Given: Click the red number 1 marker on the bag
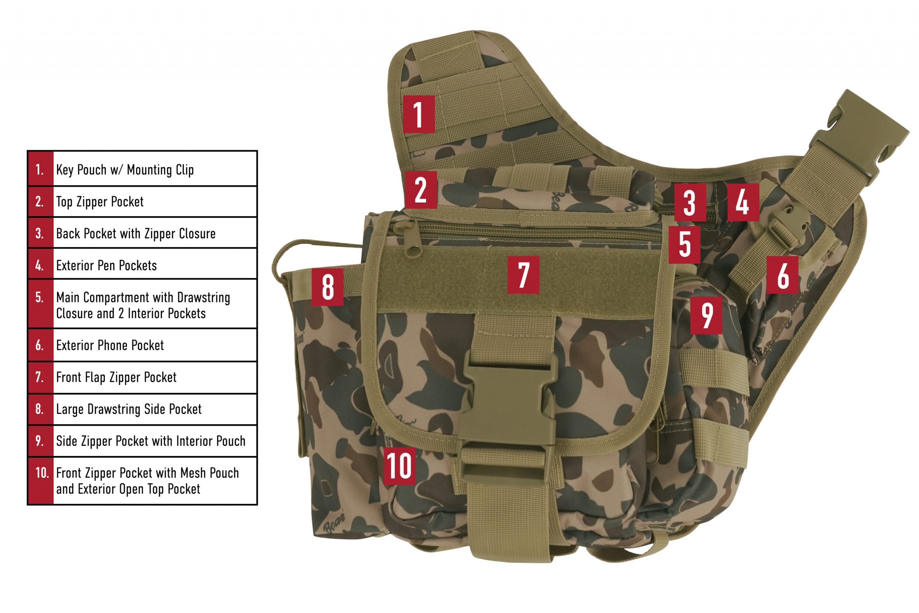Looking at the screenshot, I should [x=419, y=114].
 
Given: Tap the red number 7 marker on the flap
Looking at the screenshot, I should [x=523, y=275].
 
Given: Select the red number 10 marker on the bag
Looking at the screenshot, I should [x=399, y=466].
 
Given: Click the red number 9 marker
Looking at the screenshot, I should [x=706, y=315].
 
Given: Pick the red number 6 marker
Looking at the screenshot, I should [x=782, y=275].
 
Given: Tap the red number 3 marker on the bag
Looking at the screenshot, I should [x=690, y=203].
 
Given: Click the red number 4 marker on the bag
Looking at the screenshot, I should [x=743, y=203].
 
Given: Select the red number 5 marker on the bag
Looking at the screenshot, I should [x=684, y=245].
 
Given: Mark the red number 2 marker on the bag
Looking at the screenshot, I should [x=421, y=190].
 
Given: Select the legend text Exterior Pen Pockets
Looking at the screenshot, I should [x=106, y=266].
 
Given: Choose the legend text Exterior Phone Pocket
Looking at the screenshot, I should [x=110, y=345].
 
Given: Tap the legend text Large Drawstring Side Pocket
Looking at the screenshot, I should [x=129, y=409].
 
